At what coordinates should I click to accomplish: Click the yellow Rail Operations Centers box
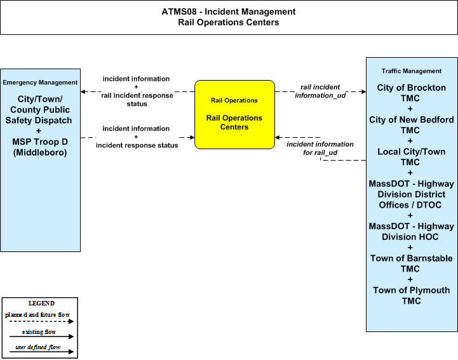(234, 114)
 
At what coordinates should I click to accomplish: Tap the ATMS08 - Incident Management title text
(229, 11)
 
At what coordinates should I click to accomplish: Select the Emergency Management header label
(40, 83)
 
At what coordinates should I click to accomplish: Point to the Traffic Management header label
(411, 71)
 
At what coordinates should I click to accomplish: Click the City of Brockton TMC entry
(411, 93)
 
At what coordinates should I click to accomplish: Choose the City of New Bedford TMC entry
(411, 124)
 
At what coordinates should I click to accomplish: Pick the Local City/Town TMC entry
(411, 157)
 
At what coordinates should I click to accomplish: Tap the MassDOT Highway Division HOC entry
(411, 232)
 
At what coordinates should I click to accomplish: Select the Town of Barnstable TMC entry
(411, 263)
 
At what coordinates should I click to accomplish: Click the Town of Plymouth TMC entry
(411, 295)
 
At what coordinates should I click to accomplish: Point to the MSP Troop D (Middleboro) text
(40, 147)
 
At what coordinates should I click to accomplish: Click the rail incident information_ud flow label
(320, 91)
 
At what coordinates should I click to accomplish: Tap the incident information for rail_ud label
(320, 149)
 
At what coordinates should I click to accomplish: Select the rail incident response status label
(137, 100)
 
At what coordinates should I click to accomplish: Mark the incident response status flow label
(137, 145)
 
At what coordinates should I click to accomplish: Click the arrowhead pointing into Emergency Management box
(83, 91)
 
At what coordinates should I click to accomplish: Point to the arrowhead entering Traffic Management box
(363, 91)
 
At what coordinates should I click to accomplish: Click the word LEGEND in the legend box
(41, 303)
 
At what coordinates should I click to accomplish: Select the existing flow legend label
(39, 332)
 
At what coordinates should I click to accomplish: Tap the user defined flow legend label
(38, 347)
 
